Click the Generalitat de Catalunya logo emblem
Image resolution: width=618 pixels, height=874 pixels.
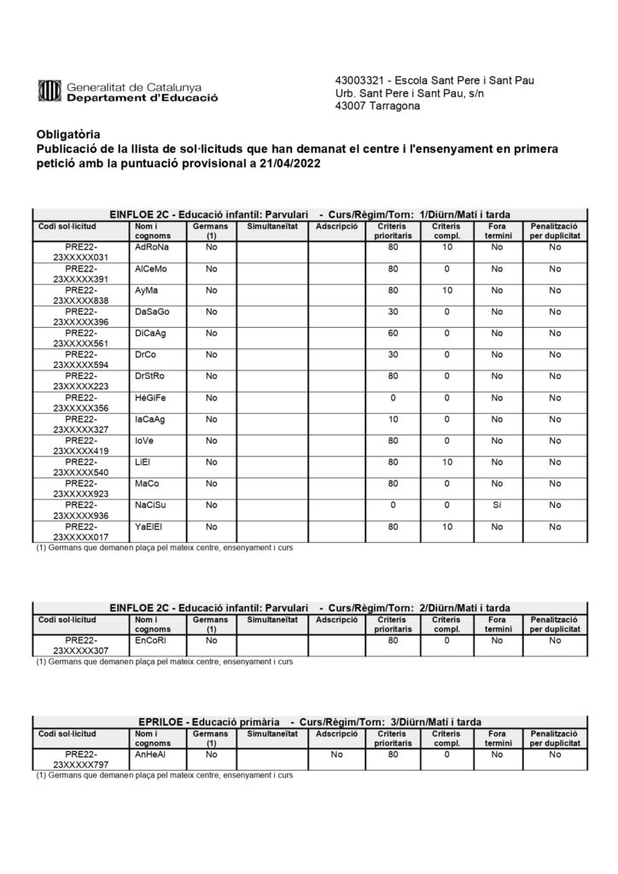(x=50, y=90)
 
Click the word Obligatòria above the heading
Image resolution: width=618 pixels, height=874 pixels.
(x=68, y=134)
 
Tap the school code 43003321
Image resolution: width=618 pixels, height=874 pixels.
(x=359, y=80)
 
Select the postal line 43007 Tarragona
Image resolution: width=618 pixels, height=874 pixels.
(x=377, y=106)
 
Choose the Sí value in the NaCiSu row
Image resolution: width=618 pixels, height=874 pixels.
(x=497, y=505)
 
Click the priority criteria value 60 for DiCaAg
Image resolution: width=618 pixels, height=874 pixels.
(x=393, y=333)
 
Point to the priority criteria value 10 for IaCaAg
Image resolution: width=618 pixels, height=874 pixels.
(x=393, y=419)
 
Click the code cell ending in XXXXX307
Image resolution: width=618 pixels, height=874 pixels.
(x=81, y=645)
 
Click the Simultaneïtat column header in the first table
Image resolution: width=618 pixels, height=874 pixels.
(x=271, y=226)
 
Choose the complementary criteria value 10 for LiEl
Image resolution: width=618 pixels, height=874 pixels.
(x=446, y=462)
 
